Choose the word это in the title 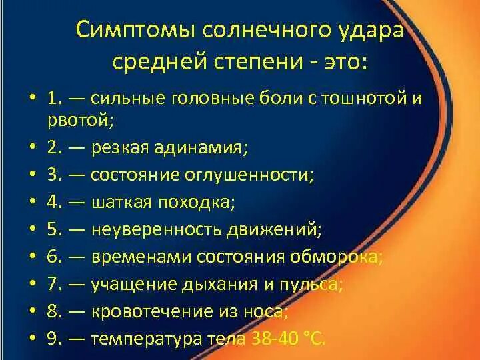[348, 64]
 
